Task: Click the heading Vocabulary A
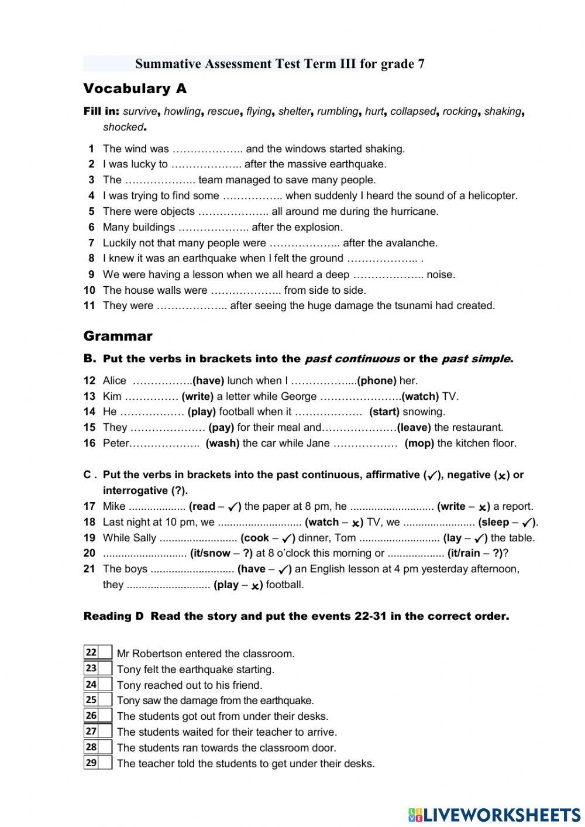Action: coord(135,89)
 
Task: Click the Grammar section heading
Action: coord(118,336)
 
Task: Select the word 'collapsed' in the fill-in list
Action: coord(413,111)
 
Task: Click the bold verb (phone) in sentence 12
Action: coord(377,380)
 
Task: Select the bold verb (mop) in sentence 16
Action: coord(419,443)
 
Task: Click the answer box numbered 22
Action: coord(105,653)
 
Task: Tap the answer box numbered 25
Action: coord(105,699)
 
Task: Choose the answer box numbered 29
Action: coord(105,763)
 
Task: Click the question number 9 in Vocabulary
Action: coord(91,274)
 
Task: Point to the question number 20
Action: coord(90,553)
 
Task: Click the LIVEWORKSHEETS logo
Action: coord(494,814)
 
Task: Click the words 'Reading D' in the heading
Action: coord(113,616)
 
